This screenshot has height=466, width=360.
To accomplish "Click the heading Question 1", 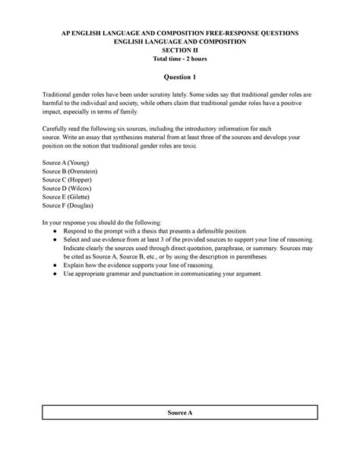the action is pos(180,77).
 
